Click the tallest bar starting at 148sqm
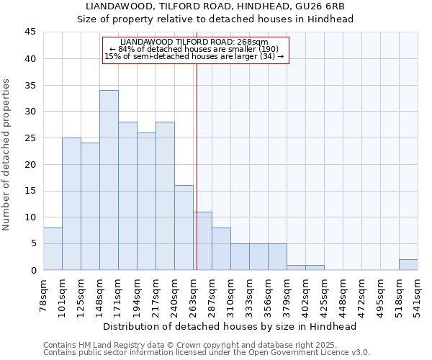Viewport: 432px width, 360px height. [x=109, y=180]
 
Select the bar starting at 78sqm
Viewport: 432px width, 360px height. [x=53, y=249]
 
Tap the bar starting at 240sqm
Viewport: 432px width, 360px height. [x=184, y=228]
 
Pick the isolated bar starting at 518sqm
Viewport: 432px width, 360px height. [x=408, y=264]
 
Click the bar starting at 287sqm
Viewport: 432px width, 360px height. [x=221, y=249]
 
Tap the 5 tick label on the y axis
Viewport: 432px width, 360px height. [x=33, y=243]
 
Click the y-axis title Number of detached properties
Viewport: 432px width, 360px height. [x=6, y=155]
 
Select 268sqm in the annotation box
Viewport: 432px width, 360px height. [x=254, y=42]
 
